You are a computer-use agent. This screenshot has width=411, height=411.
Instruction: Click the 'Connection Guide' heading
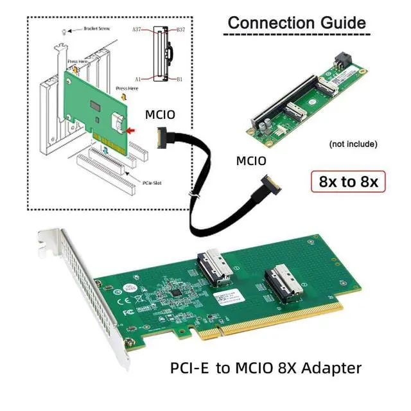point(296,22)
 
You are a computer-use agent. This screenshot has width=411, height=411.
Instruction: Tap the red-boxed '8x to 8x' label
point(347,182)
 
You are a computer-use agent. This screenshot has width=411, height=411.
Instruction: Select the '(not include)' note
point(353,143)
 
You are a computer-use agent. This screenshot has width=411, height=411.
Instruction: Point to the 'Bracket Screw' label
point(98,29)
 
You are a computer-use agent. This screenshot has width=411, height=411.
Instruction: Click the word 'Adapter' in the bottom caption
point(328,369)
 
